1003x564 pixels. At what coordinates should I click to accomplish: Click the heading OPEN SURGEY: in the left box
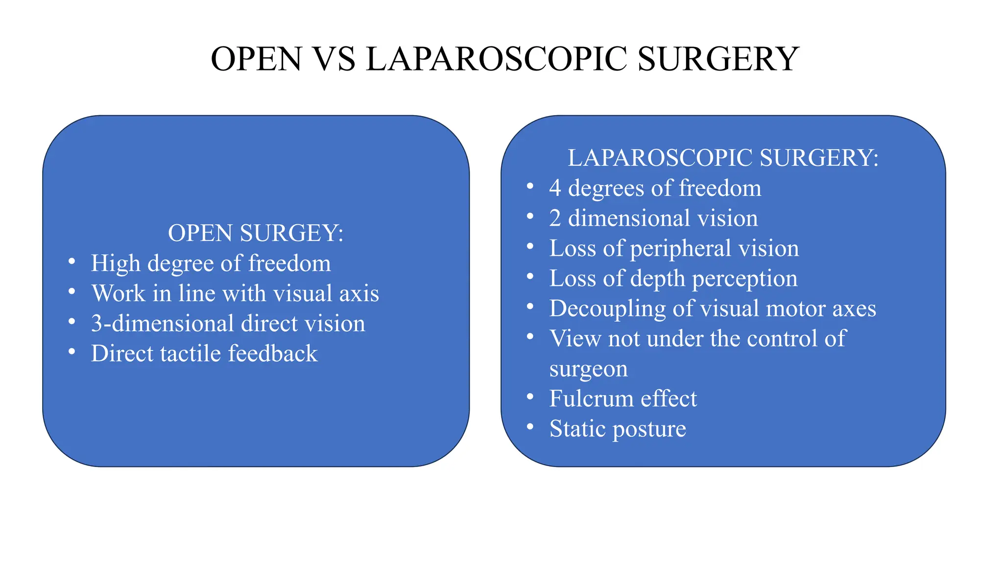pyautogui.click(x=256, y=233)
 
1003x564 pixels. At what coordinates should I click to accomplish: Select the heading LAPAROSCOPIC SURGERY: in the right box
pyautogui.click(x=723, y=158)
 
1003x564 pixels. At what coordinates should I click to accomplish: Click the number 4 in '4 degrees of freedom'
pyautogui.click(x=555, y=188)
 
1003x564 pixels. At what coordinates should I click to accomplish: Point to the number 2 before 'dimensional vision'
pyautogui.click(x=555, y=218)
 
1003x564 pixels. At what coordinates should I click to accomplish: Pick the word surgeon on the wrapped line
pyautogui.click(x=588, y=369)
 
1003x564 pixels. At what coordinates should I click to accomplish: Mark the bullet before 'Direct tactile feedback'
pyautogui.click(x=72, y=352)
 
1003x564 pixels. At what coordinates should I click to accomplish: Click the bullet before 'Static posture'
pyautogui.click(x=530, y=427)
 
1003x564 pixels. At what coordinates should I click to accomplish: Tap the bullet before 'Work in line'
pyautogui.click(x=72, y=292)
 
